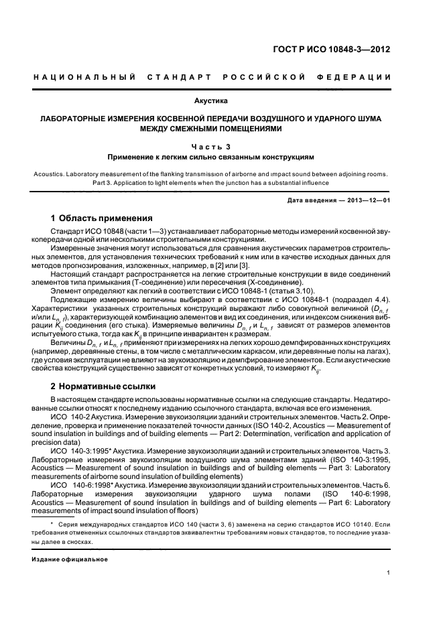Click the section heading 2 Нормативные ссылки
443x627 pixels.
tap(103, 387)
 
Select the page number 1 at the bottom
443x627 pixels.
tap(389, 573)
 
